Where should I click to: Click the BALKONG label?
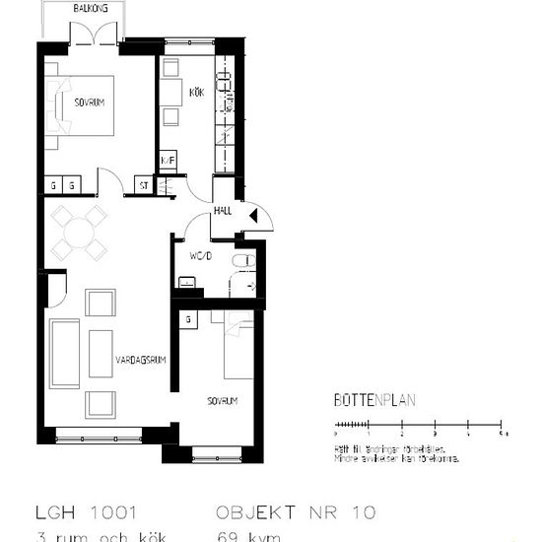pyautogui.click(x=94, y=9)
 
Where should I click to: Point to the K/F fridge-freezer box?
pyautogui.click(x=168, y=160)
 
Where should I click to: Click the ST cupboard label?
pyautogui.click(x=143, y=184)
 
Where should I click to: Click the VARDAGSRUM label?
pyautogui.click(x=140, y=360)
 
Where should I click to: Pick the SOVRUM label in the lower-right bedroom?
pyautogui.click(x=223, y=401)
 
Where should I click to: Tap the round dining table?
pyautogui.click(x=79, y=234)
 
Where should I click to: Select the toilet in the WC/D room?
pyautogui.click(x=242, y=261)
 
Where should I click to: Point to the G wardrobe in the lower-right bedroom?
pyautogui.click(x=187, y=319)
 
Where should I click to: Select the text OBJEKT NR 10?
pyautogui.click(x=295, y=512)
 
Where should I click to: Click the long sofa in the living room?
pyautogui.click(x=65, y=353)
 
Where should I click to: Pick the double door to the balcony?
pyautogui.click(x=95, y=35)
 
